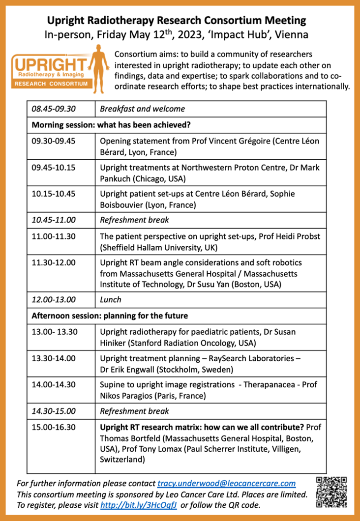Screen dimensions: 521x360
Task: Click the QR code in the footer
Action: click(x=331, y=492)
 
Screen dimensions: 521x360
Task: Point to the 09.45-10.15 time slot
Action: click(x=54, y=168)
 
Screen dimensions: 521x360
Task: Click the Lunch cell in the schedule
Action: click(x=110, y=299)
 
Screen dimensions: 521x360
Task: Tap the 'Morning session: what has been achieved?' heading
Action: click(x=111, y=124)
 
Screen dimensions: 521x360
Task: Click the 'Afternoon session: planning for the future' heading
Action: click(x=109, y=315)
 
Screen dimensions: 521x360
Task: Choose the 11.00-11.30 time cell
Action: click(x=54, y=236)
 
